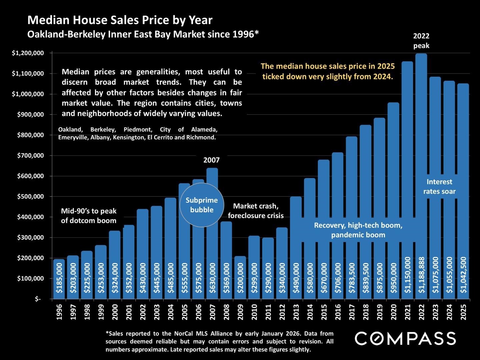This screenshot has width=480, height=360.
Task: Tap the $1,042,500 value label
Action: tap(463, 275)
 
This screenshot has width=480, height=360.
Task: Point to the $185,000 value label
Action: tap(59, 278)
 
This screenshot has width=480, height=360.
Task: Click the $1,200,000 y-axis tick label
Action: tap(28, 53)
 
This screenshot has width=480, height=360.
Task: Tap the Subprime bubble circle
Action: tap(202, 205)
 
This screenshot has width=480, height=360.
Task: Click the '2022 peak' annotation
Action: tap(421, 41)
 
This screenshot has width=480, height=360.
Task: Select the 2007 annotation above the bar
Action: tap(212, 160)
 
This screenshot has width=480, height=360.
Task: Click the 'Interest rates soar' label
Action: tap(439, 187)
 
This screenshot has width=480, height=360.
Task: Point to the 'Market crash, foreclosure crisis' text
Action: tap(256, 211)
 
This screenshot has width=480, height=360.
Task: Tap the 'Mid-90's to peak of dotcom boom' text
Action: tap(89, 216)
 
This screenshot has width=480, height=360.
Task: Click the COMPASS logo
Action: tap(405, 338)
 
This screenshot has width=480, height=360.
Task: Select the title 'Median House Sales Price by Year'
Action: tap(120, 20)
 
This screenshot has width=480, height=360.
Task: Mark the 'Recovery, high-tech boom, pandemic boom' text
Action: tap(358, 230)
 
